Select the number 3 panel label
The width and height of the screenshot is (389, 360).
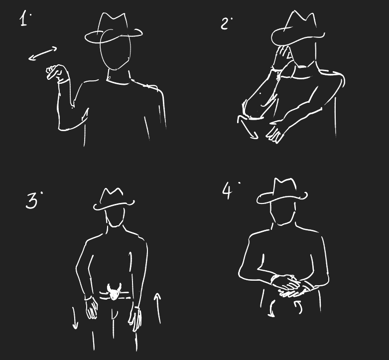tap(33, 200)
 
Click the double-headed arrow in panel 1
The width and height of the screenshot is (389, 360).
tap(43, 53)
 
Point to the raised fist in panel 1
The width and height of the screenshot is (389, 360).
tap(57, 73)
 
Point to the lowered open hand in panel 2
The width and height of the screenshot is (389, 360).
tap(275, 134)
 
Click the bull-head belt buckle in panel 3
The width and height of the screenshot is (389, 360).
tap(114, 291)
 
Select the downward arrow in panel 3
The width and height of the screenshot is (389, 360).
tap(75, 318)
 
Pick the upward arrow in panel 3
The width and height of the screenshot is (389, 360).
tap(158, 308)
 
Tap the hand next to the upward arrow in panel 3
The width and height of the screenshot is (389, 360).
tap(135, 319)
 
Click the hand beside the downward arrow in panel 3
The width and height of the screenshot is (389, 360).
tap(91, 308)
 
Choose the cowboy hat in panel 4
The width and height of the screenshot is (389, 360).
tap(282, 191)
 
